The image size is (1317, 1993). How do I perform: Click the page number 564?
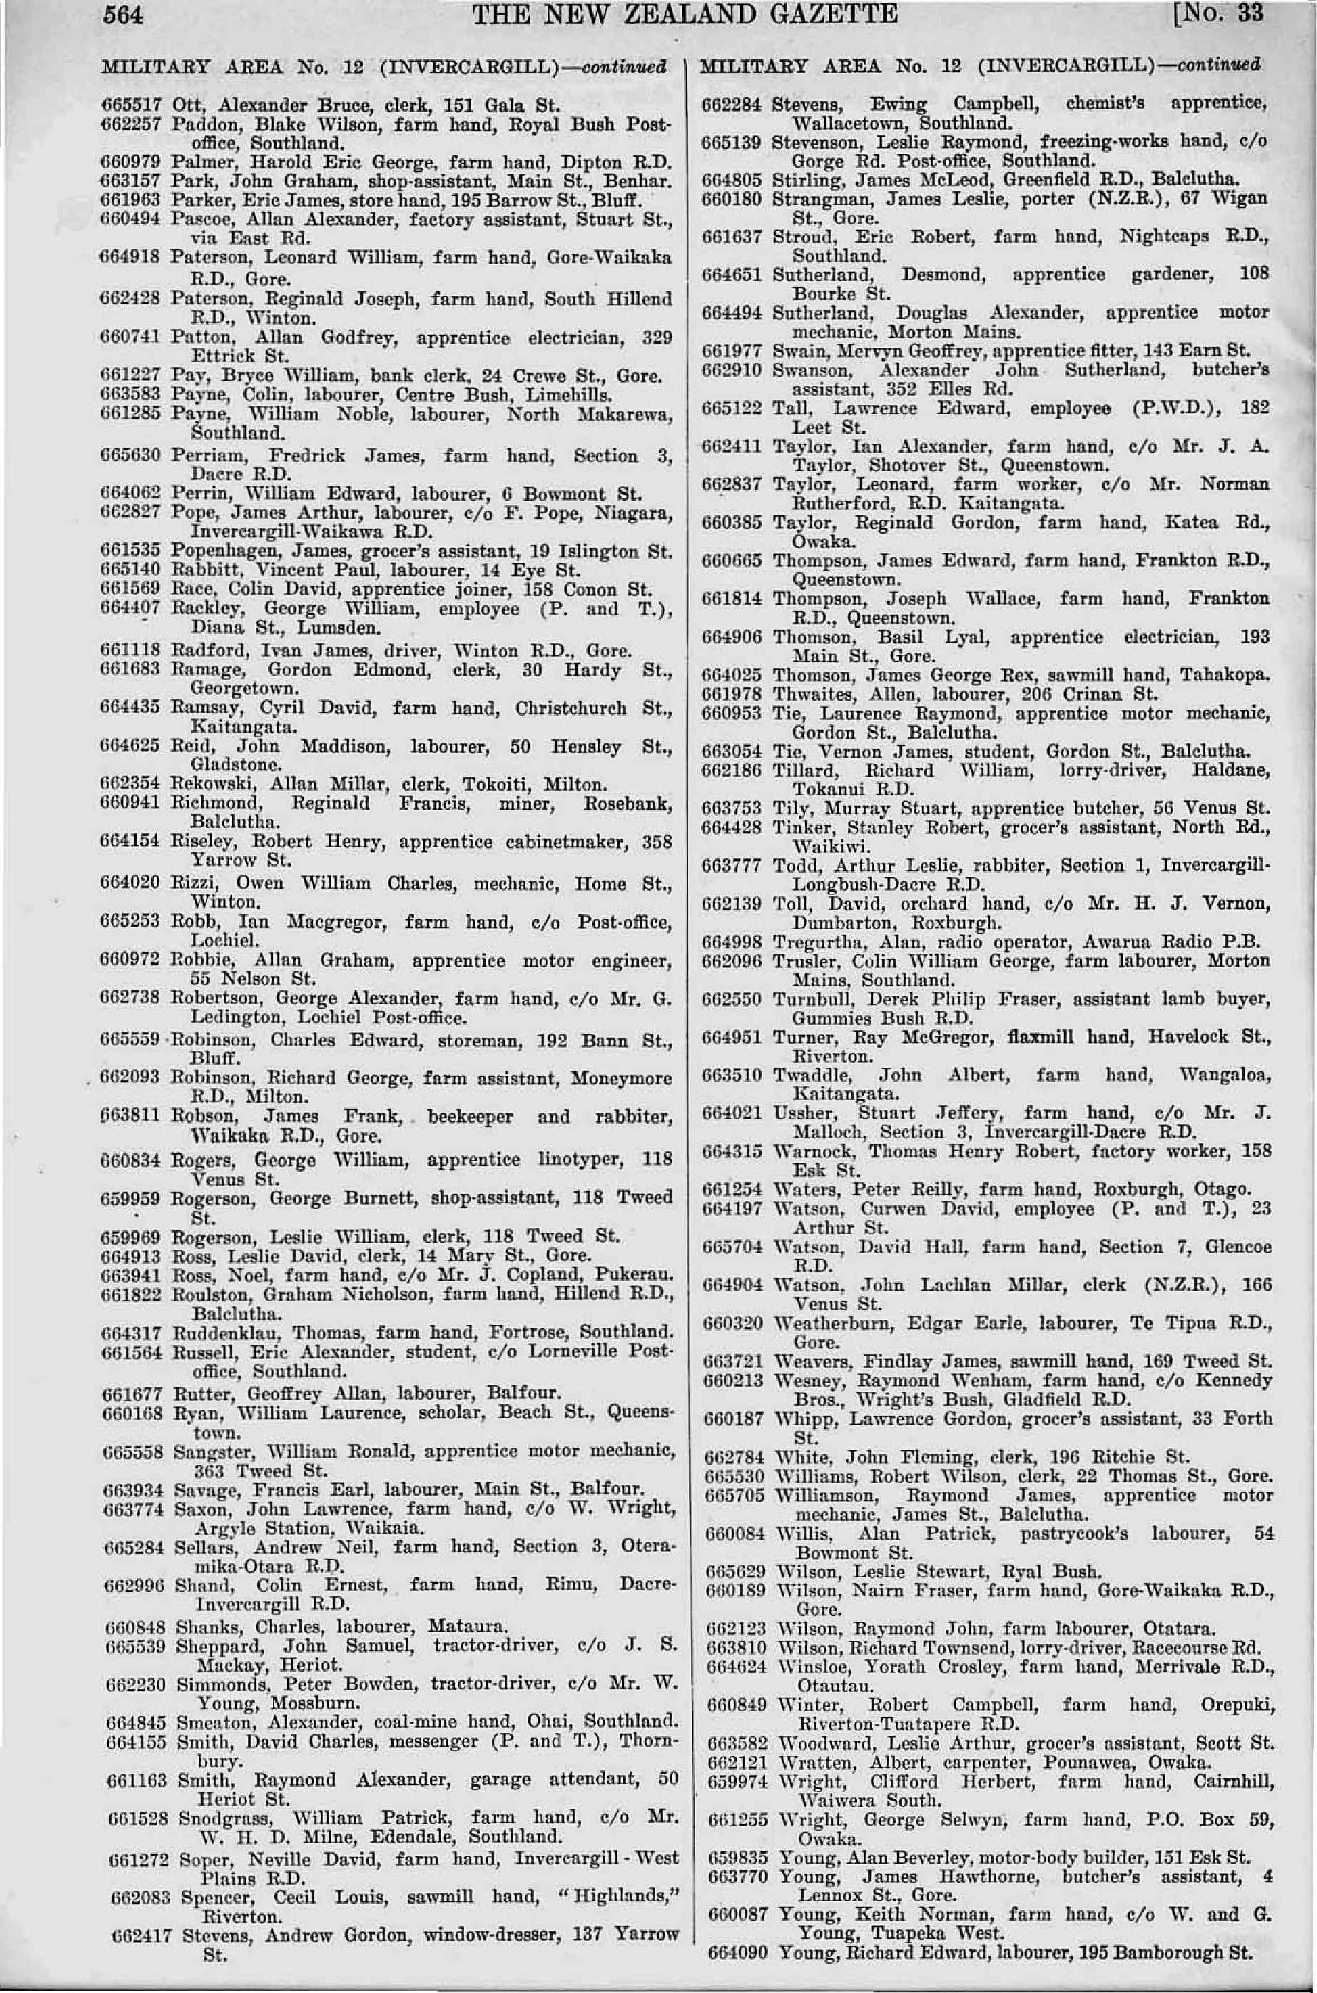coord(123,14)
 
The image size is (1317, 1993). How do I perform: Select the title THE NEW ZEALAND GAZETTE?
coord(686,14)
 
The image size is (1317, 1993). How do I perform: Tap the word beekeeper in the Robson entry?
coord(466,1117)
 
